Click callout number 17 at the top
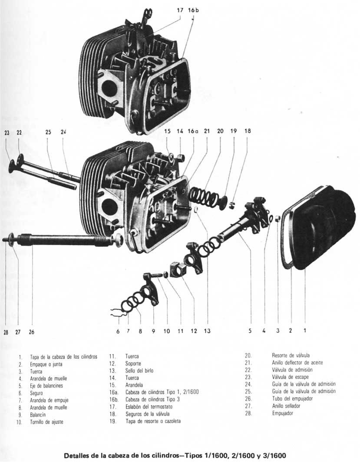(x=181, y=10)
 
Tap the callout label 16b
(x=194, y=10)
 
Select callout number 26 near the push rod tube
(x=31, y=332)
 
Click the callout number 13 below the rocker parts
(x=207, y=331)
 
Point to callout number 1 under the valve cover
(x=305, y=330)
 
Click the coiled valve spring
(x=204, y=196)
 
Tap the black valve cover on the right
(x=324, y=226)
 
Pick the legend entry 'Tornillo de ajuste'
(x=46, y=422)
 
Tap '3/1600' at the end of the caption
(x=275, y=456)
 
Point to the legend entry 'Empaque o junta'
(x=46, y=364)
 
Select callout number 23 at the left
(x=7, y=133)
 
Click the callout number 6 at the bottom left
(x=118, y=331)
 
